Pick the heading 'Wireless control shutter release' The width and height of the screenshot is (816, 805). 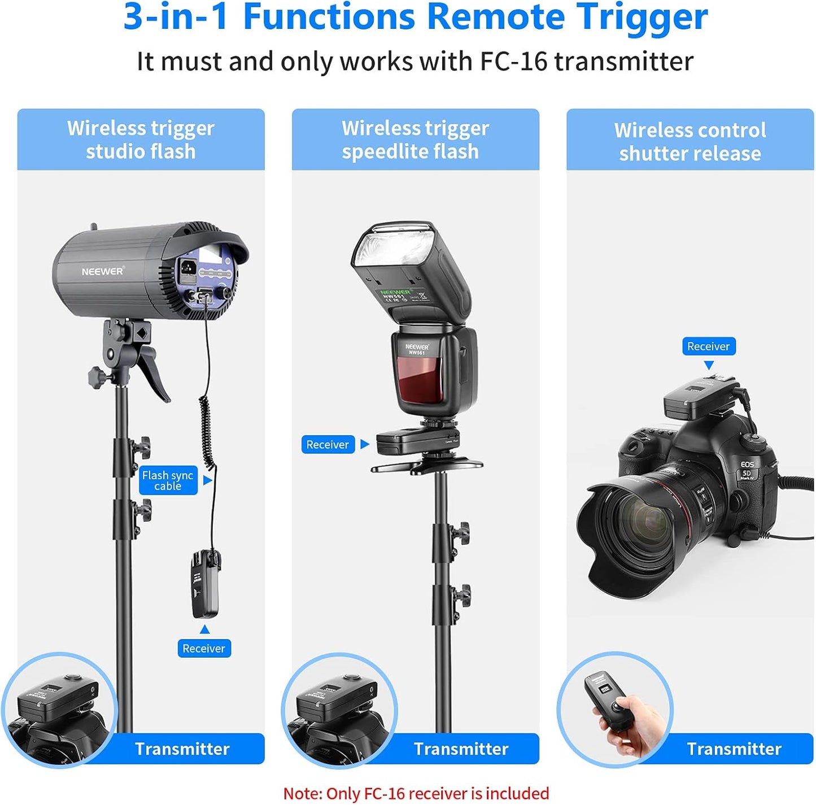[x=690, y=141]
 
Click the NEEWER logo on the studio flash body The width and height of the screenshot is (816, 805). [x=102, y=272]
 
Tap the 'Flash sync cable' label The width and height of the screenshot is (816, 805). [x=168, y=480]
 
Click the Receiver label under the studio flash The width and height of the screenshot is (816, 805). [x=203, y=648]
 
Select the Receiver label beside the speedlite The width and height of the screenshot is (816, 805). [x=328, y=444]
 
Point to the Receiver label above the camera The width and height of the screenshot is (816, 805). [x=708, y=346]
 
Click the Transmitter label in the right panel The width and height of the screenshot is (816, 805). [x=734, y=749]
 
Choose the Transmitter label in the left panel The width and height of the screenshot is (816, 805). [x=182, y=749]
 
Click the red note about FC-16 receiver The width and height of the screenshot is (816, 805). [x=416, y=793]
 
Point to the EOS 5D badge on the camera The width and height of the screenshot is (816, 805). [x=747, y=470]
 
